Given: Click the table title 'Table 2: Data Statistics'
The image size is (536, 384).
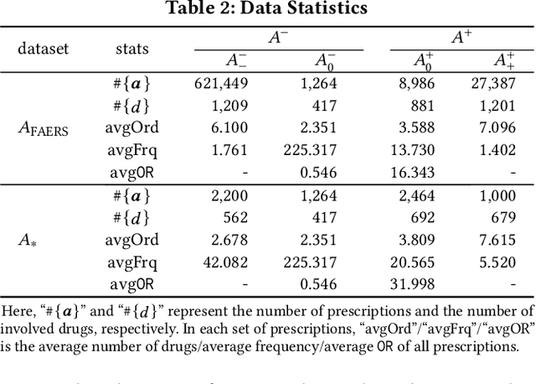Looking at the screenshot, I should tap(268, 9).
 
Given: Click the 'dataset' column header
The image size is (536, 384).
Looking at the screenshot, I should tap(43, 48).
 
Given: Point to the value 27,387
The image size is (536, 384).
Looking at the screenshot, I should tap(492, 83).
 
